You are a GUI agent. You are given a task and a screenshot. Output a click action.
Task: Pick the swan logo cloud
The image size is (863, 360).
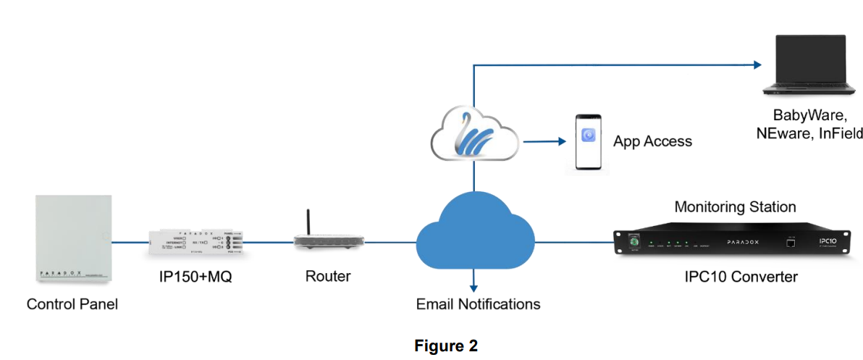tap(474, 135)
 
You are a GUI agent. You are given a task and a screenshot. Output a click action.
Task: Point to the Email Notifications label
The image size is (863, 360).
tap(478, 304)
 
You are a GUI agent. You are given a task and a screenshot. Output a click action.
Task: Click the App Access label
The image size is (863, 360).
tap(652, 141)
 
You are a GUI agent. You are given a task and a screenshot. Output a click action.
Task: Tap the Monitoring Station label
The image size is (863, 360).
tap(735, 207)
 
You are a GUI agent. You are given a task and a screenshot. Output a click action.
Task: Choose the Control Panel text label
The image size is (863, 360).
tap(72, 304)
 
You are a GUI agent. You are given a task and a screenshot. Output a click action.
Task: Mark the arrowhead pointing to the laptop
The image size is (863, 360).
tap(758, 64)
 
